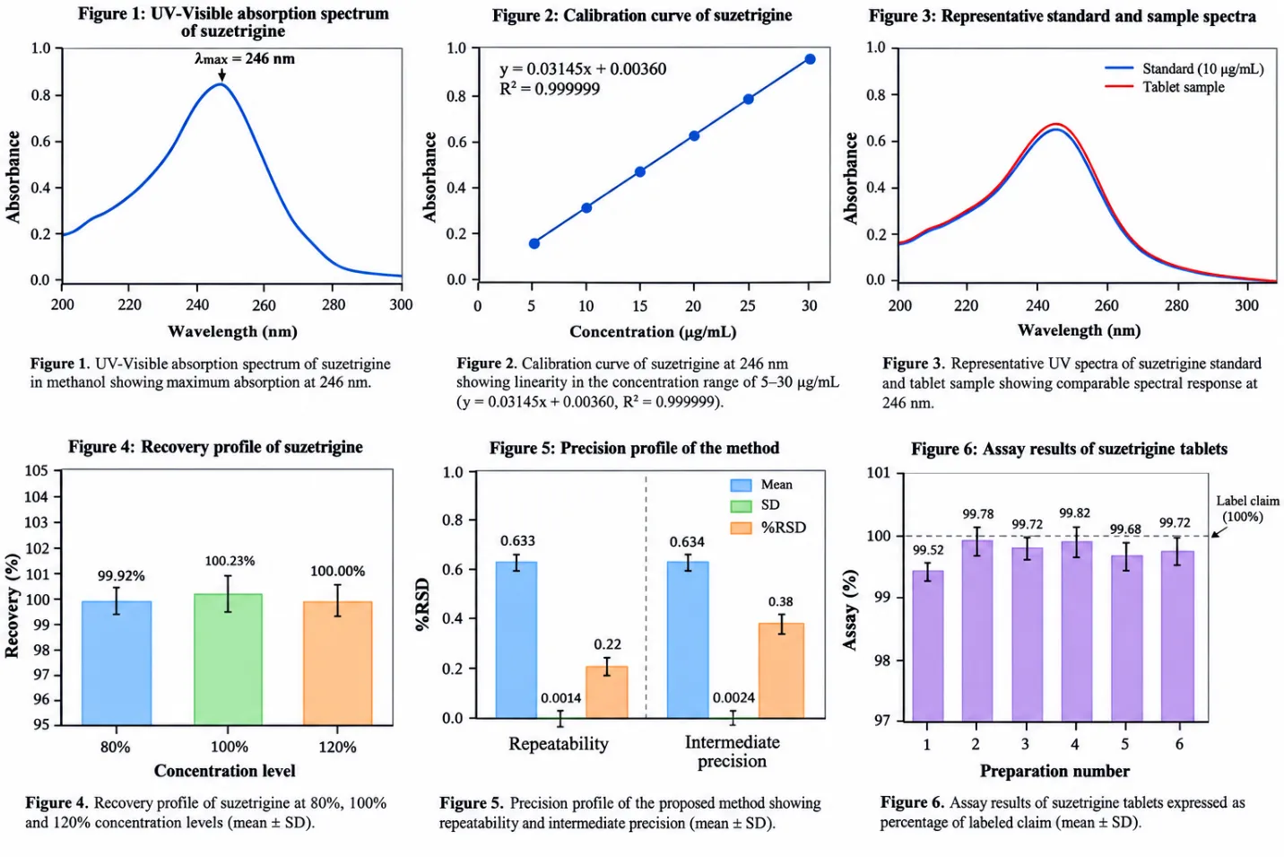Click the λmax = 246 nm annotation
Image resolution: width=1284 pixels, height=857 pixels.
coord(244,58)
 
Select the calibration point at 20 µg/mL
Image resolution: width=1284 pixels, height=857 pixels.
coord(694,136)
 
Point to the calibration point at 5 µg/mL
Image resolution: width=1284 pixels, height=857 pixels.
coord(534,244)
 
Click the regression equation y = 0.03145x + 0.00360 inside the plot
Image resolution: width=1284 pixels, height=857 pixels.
coord(583,69)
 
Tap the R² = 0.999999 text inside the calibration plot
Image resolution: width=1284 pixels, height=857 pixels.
coord(550,89)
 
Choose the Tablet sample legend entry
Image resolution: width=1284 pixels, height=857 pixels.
coord(1165,87)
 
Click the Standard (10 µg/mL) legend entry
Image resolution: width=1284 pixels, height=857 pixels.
coord(1184,69)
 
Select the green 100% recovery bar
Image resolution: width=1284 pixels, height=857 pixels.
coord(228,659)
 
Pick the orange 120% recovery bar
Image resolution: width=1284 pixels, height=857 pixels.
coord(338,663)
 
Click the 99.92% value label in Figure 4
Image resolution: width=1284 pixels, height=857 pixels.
coord(121,576)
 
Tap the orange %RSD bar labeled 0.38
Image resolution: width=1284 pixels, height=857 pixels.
coord(781,670)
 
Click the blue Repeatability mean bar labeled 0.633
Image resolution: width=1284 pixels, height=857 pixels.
coord(516,640)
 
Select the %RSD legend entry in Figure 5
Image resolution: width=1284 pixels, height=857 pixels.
coord(768,528)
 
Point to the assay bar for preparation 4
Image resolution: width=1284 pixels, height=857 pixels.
coord(1077,631)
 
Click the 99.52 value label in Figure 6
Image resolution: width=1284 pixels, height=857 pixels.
coord(928,550)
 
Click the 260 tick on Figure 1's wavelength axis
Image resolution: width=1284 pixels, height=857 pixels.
coord(265,304)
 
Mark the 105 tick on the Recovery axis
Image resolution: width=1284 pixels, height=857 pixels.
coord(36,471)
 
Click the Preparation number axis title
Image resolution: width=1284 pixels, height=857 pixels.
coord(1054,771)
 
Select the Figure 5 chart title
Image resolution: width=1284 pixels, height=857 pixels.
coord(634,448)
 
